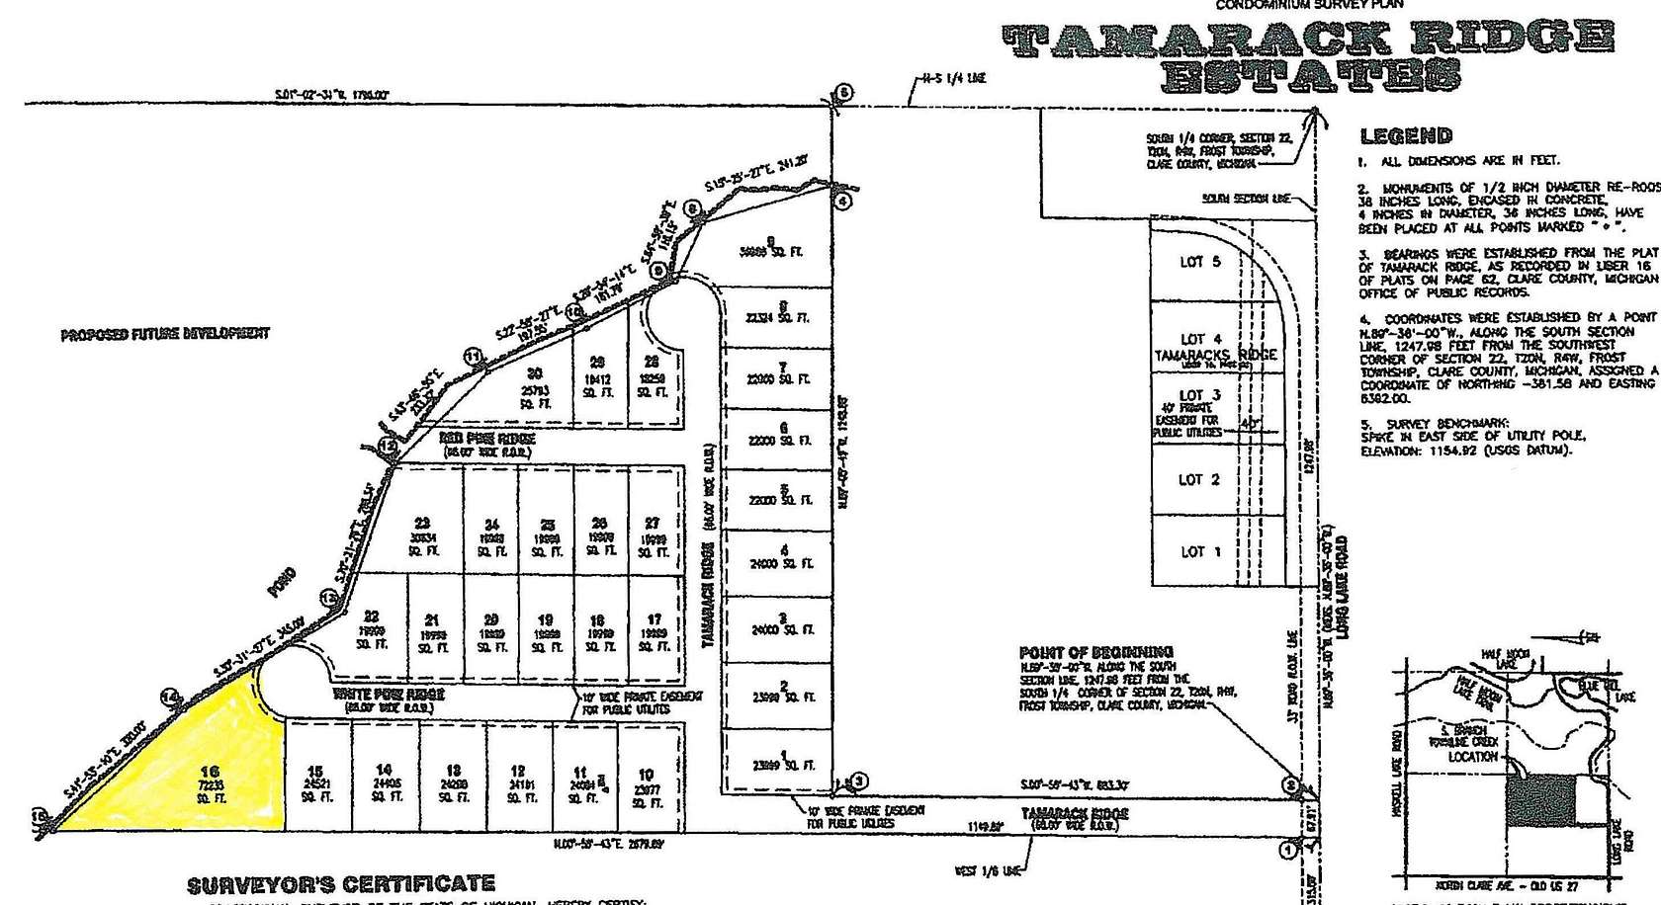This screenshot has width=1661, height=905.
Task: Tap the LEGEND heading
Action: click(x=1406, y=136)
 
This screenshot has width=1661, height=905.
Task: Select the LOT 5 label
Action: click(x=1200, y=262)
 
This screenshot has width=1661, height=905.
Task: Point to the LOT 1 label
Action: click(x=1200, y=551)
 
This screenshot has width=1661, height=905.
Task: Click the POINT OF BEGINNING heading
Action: click(x=1095, y=652)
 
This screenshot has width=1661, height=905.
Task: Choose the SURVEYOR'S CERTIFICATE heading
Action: click(x=341, y=883)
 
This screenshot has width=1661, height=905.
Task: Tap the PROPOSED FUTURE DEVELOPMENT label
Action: click(x=164, y=334)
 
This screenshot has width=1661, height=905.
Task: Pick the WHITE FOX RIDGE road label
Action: click(x=381, y=695)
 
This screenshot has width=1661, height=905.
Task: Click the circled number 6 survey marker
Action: click(x=843, y=94)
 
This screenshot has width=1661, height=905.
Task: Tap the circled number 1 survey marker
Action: click(x=1287, y=849)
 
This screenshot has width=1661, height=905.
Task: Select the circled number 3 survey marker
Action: click(x=860, y=782)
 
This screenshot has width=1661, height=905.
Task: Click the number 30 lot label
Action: click(x=535, y=373)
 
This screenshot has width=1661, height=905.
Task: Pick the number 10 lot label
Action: click(x=646, y=776)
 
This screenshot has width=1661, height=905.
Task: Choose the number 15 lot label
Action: click(x=315, y=773)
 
